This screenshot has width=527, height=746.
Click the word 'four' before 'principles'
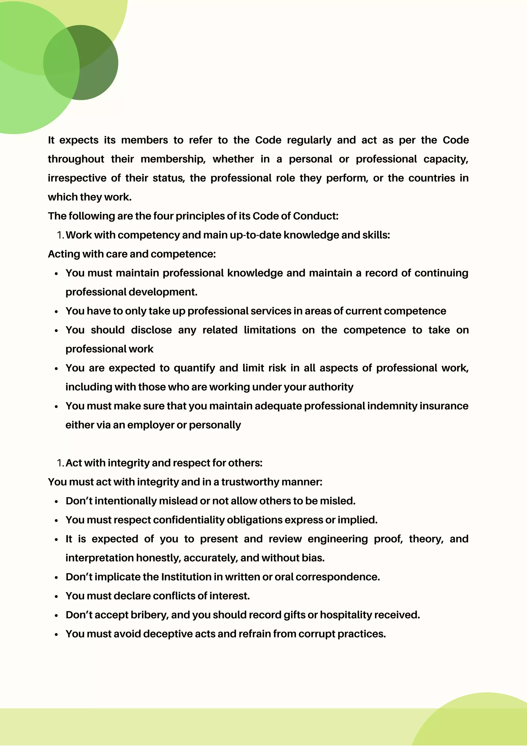163,216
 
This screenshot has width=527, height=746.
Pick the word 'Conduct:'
315,216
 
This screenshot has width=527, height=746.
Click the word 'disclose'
151,330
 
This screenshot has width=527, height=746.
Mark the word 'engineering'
338,539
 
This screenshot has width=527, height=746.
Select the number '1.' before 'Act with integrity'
60,463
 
